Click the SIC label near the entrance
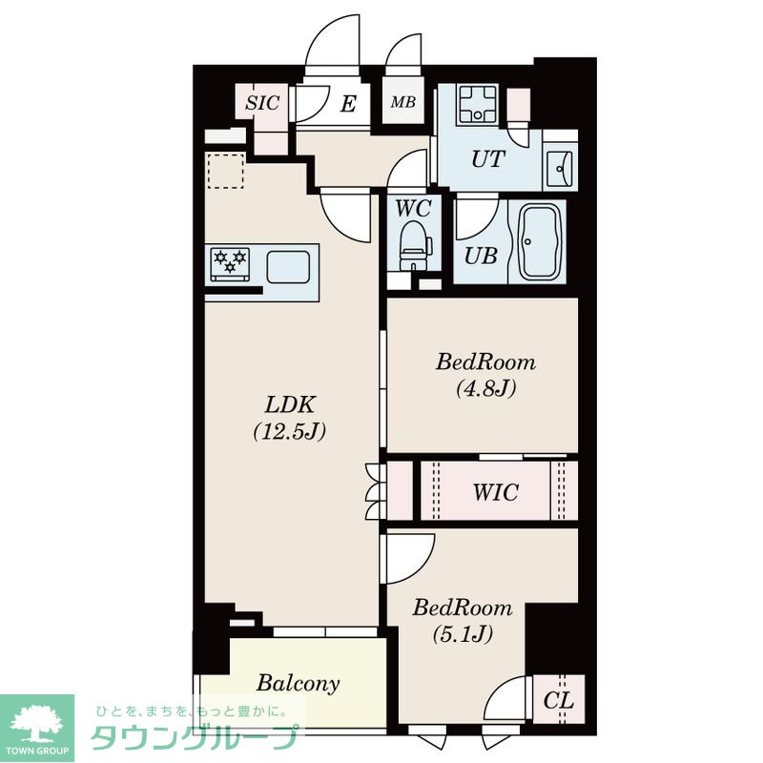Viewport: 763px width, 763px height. point(262,103)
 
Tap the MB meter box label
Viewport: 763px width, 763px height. point(402,102)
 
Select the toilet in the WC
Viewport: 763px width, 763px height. point(415,245)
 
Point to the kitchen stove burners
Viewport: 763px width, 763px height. point(230,264)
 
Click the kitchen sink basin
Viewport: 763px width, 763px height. point(288,267)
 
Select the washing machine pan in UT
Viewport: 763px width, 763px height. point(478,105)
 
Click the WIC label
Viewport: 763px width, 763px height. point(495,492)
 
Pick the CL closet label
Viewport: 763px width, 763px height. point(558,701)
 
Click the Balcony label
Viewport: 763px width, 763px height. point(298,683)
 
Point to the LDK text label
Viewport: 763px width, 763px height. point(290,404)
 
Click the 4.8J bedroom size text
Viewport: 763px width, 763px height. point(486,388)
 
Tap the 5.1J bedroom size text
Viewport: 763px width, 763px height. point(463,633)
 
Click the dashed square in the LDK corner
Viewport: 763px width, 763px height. point(226,171)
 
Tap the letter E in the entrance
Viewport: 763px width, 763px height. point(348,103)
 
